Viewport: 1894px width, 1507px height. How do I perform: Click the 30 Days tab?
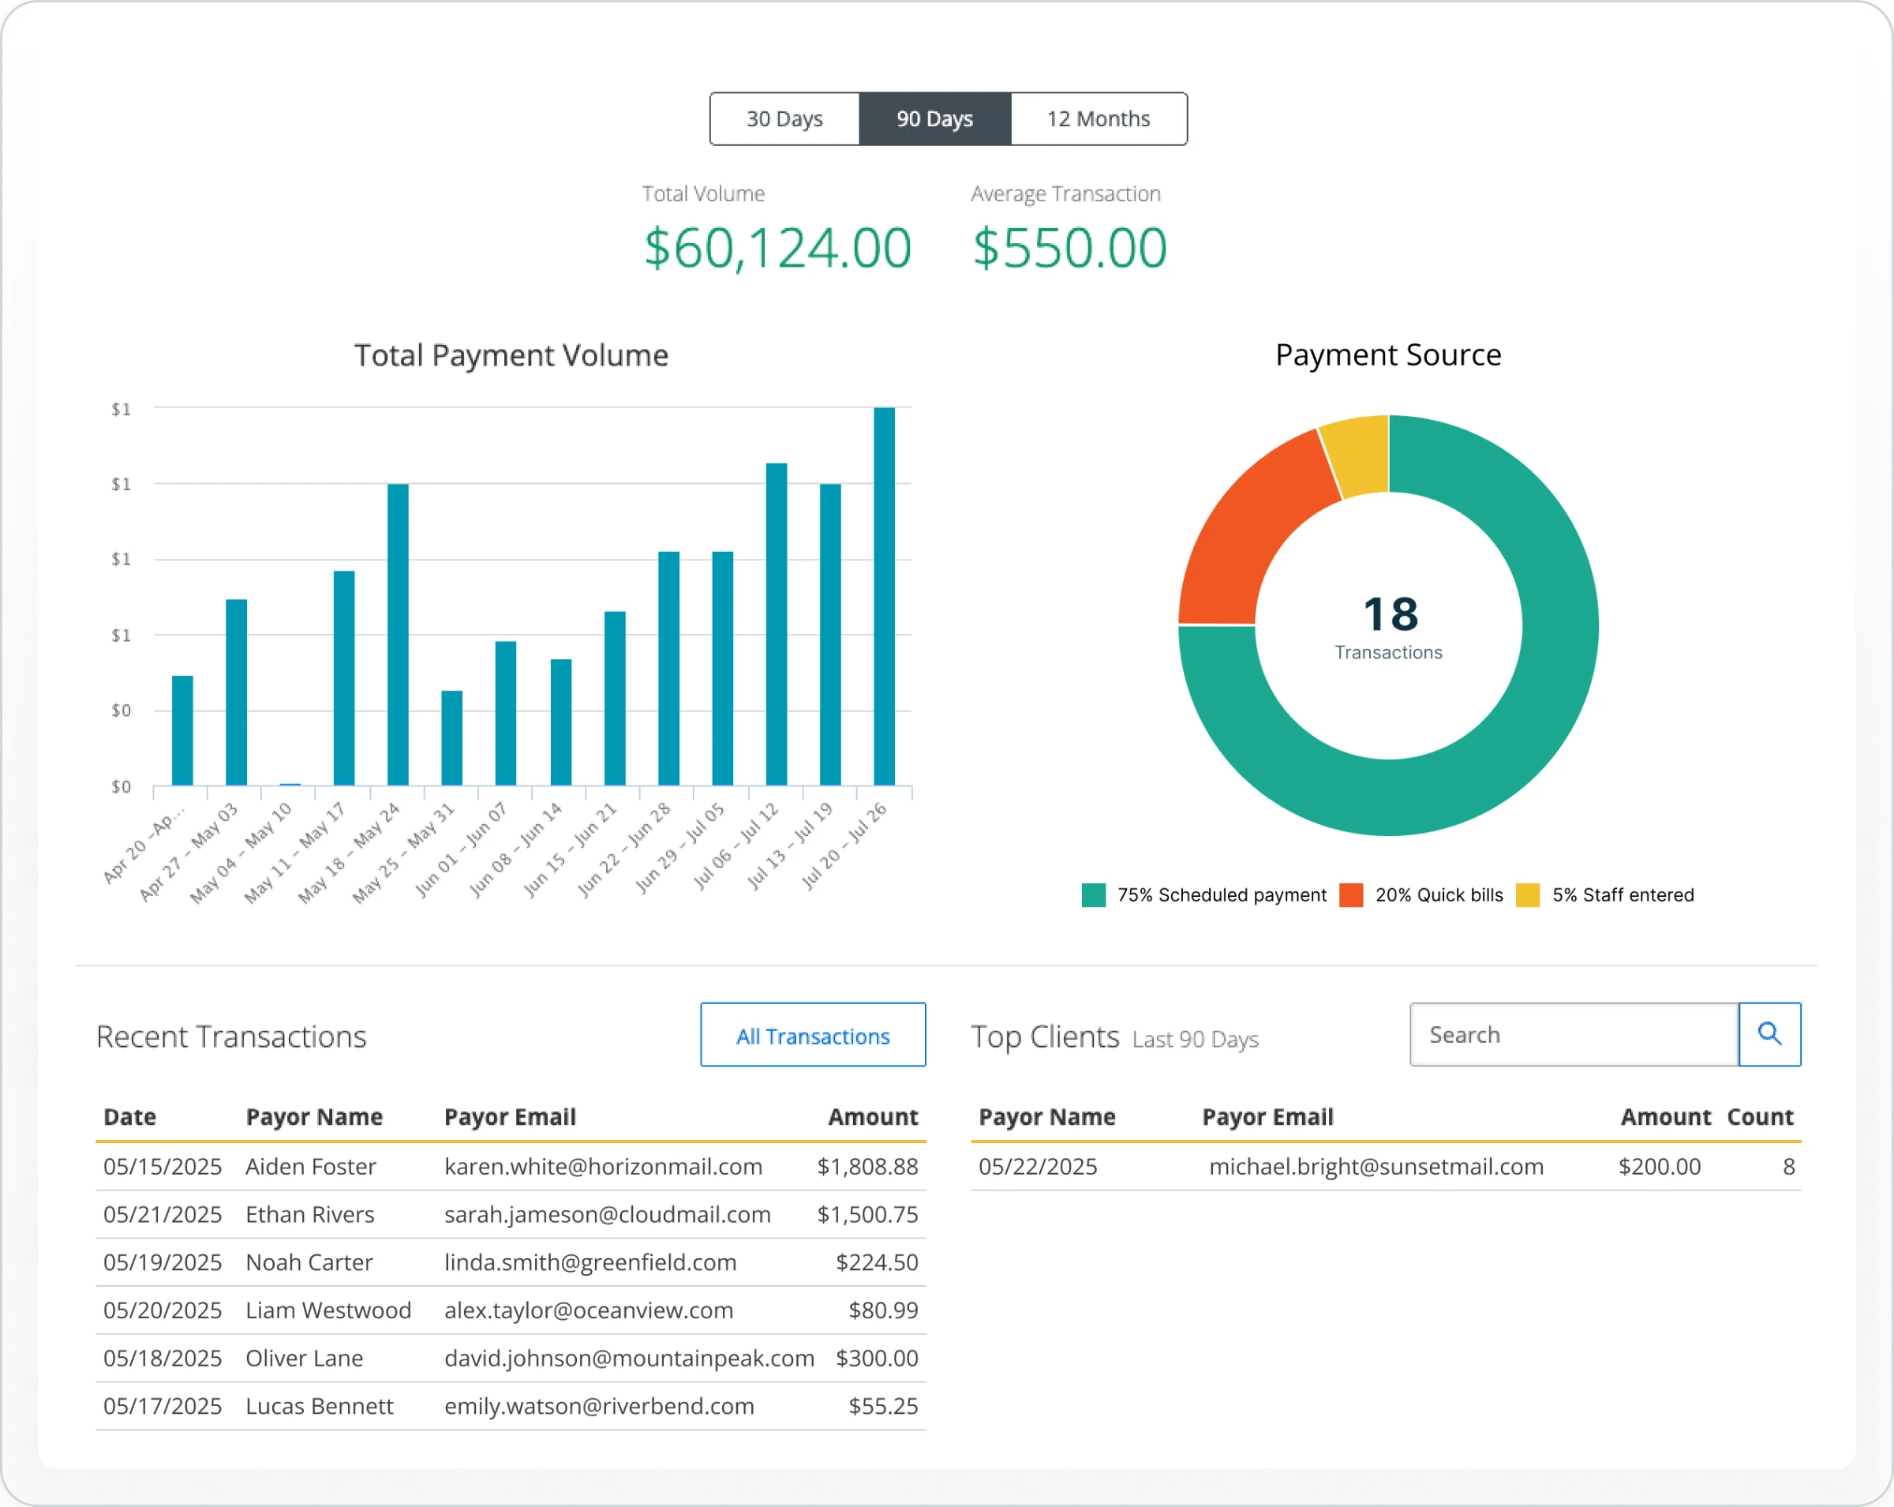point(784,118)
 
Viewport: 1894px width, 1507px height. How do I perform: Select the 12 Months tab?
point(1098,118)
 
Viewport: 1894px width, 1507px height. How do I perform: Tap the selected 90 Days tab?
point(934,118)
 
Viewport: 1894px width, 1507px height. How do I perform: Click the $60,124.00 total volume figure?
point(777,248)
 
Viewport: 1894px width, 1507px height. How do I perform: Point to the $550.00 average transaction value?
point(1069,248)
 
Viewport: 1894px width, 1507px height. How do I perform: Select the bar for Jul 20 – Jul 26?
point(884,598)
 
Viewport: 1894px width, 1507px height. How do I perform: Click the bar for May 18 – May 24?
point(398,635)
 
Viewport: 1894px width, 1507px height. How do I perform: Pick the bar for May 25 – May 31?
point(451,738)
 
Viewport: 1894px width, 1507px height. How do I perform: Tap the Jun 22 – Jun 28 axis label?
point(626,849)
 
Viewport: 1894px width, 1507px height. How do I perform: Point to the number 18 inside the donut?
point(1390,614)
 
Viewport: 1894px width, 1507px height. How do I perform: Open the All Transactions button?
point(813,1035)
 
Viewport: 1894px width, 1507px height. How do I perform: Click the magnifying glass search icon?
point(1769,1034)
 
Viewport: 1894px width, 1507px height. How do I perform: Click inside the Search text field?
point(1573,1034)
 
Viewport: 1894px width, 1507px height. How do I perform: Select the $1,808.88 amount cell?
point(867,1166)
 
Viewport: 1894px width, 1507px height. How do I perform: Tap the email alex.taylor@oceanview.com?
point(589,1310)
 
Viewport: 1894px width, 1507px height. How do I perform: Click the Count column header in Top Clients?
point(1760,1117)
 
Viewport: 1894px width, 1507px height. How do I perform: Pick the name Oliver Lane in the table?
point(304,1358)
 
